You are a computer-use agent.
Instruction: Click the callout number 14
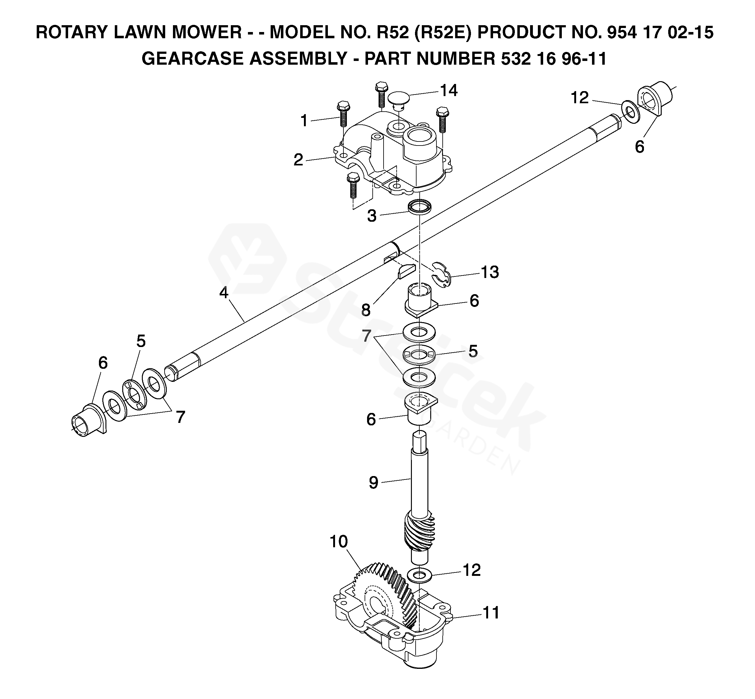[x=449, y=91]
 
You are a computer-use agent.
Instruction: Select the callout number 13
[x=490, y=272]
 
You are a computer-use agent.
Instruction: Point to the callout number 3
[x=372, y=216]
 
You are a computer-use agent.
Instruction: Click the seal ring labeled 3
[x=419, y=206]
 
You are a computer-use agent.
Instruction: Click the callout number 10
[x=338, y=542]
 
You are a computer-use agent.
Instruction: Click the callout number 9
[x=373, y=483]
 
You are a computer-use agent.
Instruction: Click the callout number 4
[x=224, y=292]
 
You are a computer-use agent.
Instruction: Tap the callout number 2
[x=298, y=160]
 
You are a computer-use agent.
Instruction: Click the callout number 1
[x=304, y=121]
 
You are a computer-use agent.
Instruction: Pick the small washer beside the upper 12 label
[x=630, y=112]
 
